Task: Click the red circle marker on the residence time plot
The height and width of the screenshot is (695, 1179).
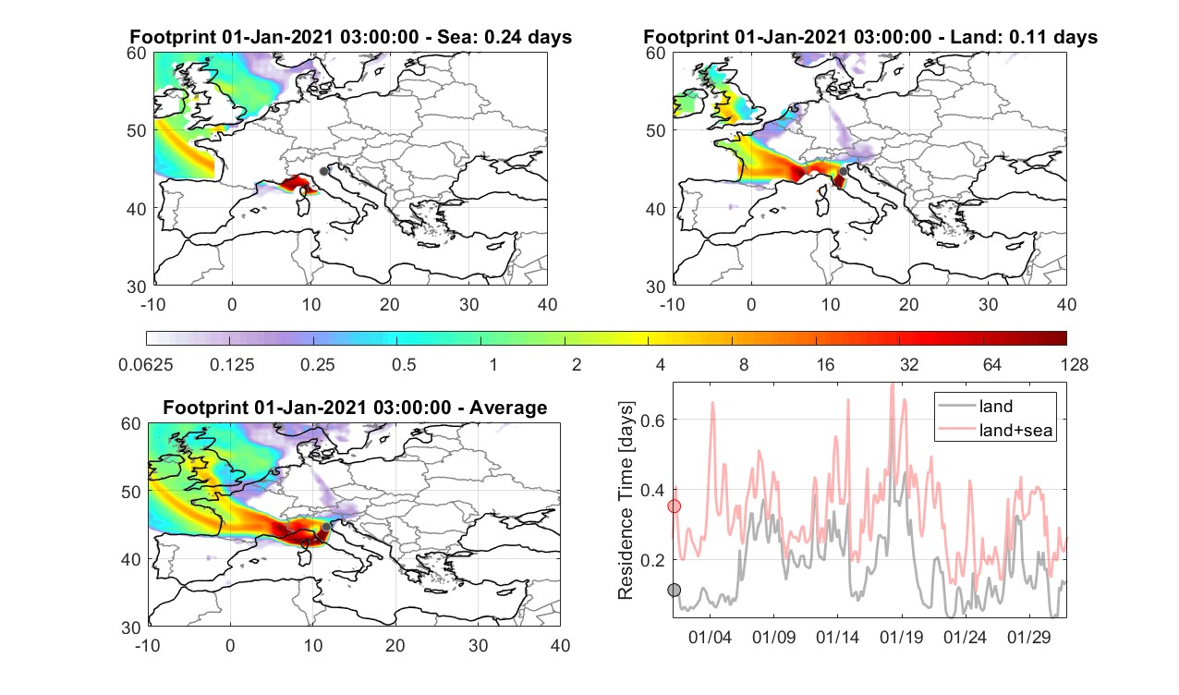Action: coord(675,506)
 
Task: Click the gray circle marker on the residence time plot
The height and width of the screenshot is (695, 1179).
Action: coord(675,591)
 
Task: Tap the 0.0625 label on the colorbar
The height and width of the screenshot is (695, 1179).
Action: coord(146,365)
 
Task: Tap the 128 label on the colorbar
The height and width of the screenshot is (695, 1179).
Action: coord(1075,365)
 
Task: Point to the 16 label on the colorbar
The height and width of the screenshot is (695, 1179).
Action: coord(825,365)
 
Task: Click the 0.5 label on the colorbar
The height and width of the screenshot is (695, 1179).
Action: coord(404,365)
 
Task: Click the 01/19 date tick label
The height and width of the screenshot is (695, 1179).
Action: coord(901,638)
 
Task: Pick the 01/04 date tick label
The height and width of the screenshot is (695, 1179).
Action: coord(710,638)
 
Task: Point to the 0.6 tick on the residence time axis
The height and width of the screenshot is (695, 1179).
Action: coord(652,421)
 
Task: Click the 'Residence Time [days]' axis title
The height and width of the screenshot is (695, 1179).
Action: coord(626,501)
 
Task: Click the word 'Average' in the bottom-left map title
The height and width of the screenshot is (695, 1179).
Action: coord(508,408)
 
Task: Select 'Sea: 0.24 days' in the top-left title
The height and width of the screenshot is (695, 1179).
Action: coord(504,37)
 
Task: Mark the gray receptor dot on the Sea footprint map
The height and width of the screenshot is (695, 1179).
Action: coord(323,171)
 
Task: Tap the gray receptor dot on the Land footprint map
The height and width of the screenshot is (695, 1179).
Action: coord(844,171)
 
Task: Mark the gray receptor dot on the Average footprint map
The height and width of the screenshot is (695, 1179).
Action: coord(326,527)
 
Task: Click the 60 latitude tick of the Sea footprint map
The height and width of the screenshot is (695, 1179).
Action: coord(137,54)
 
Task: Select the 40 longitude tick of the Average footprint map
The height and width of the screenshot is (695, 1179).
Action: coord(560,646)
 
